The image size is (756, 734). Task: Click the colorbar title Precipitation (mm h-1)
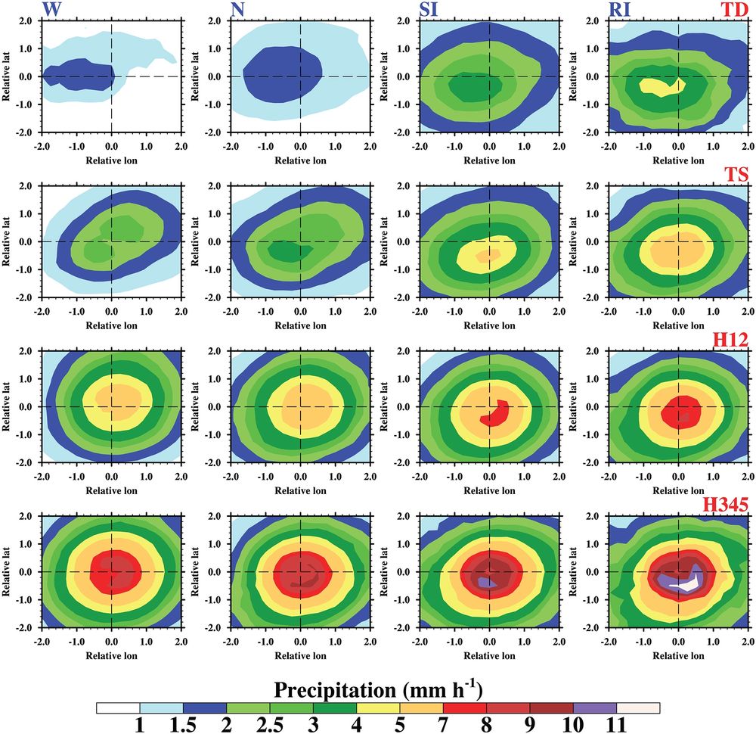click(x=378, y=689)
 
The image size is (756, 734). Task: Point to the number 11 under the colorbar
click(x=616, y=726)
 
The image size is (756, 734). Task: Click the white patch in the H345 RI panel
click(x=688, y=584)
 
